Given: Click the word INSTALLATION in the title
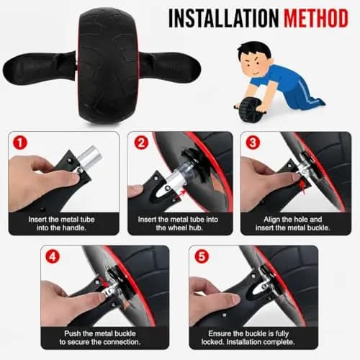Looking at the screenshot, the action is pos(223,18).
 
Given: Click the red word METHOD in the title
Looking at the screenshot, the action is pos(316,18).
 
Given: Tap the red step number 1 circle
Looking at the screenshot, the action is pos(20,143).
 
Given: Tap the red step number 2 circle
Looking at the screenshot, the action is pos(141,143).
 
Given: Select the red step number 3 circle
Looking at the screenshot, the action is pos(253,143).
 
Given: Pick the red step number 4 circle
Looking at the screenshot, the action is pos(53,256).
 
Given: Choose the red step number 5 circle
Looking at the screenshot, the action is pos(202,256).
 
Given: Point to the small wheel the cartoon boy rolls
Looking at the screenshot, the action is pos(250,109).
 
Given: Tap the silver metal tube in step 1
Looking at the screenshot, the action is pos(89,157).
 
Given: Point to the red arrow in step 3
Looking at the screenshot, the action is pos(303,187).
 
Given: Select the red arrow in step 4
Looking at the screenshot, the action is pos(104,282).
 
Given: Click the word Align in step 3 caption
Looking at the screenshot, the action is pos(271,220).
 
